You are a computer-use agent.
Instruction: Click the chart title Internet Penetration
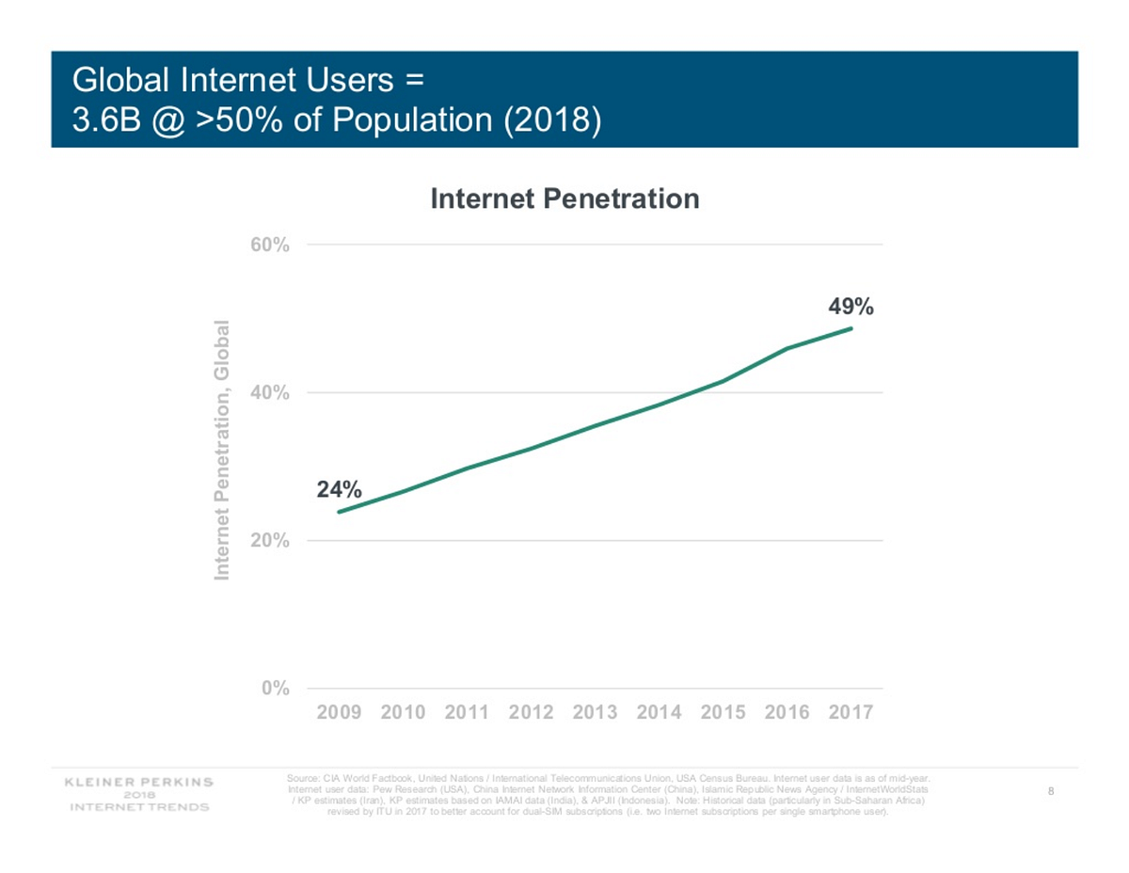tap(564, 198)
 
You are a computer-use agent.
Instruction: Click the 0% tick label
tap(275, 689)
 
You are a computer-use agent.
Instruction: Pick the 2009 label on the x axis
tap(339, 712)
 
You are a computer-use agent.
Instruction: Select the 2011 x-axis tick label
tap(467, 712)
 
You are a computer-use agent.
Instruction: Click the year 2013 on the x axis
tap(595, 712)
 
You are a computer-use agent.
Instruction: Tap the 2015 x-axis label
tap(723, 712)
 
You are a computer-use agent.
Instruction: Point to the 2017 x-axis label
tap(851, 712)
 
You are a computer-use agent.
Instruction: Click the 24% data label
tap(338, 489)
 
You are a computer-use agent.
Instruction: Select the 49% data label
tap(851, 307)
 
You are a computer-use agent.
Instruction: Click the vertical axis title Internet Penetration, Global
tap(222, 450)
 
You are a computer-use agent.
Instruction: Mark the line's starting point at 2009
tap(339, 512)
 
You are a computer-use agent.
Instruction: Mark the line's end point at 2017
tap(851, 328)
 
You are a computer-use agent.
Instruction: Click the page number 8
tap(1049, 791)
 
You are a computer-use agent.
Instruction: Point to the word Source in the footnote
tap(303, 779)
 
